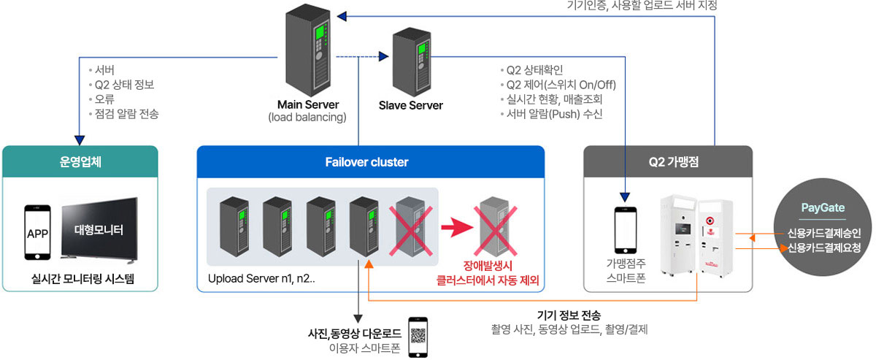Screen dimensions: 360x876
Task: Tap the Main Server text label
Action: [x=307, y=104]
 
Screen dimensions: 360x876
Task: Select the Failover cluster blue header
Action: [x=371, y=162]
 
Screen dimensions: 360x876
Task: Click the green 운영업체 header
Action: [x=80, y=162]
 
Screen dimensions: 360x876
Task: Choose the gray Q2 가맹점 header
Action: [x=668, y=162]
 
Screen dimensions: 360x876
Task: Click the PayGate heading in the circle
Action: [x=823, y=208]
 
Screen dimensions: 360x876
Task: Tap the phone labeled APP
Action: [x=37, y=232]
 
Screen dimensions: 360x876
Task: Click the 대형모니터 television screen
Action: [x=99, y=231]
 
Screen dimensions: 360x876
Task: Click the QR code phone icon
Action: [x=418, y=337]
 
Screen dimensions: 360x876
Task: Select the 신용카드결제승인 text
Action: [x=823, y=234]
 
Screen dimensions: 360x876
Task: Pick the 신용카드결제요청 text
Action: [x=823, y=248]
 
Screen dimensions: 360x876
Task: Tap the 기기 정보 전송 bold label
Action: [x=569, y=315]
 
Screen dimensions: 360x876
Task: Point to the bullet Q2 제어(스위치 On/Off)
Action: [x=561, y=85]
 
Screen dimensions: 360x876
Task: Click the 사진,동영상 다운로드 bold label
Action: [x=354, y=334]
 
